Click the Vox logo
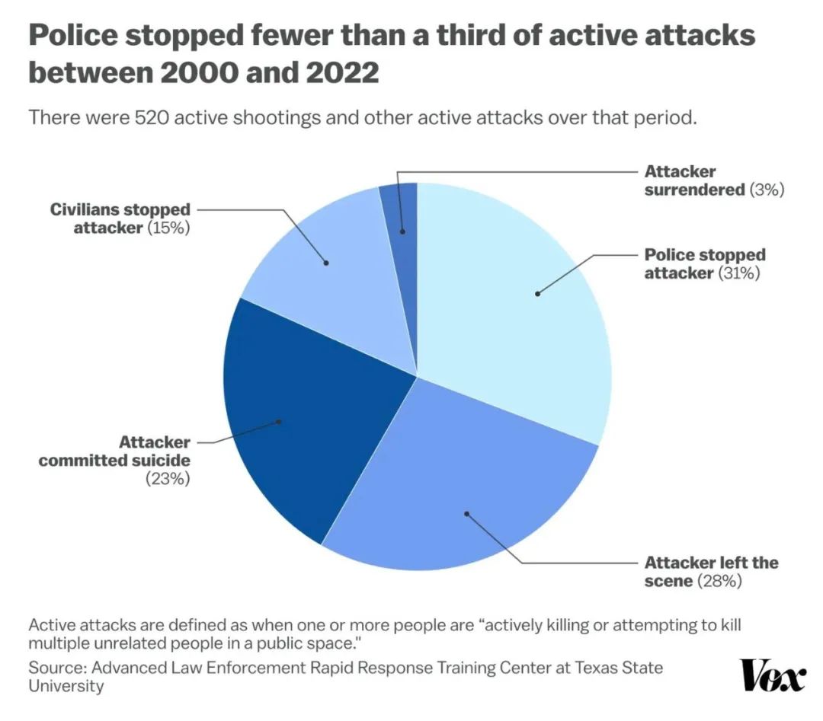[772, 675]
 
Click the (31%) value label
[740, 273]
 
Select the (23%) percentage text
[167, 480]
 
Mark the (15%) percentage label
[168, 227]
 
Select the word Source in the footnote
[54, 668]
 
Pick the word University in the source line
[66, 685]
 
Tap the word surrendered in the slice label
[693, 190]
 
